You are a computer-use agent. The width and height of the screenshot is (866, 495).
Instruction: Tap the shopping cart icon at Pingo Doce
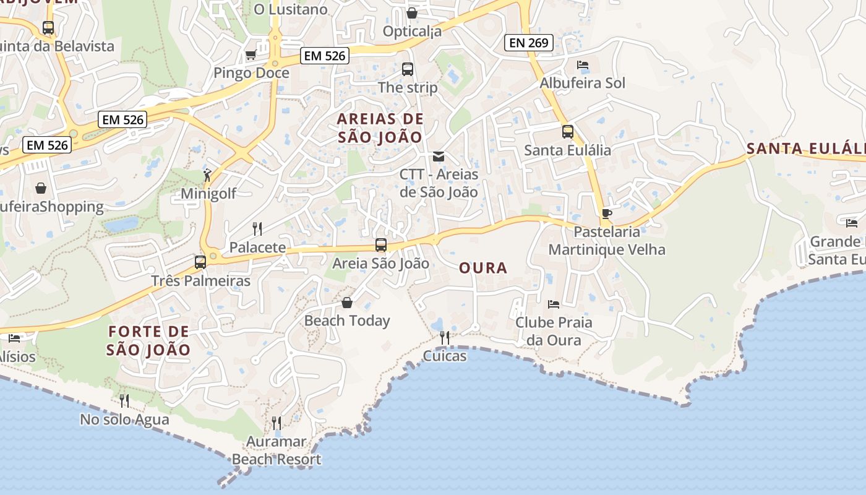(x=251, y=55)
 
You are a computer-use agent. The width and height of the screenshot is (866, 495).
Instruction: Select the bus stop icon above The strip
(x=407, y=69)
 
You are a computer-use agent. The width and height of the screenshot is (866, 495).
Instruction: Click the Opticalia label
(x=412, y=31)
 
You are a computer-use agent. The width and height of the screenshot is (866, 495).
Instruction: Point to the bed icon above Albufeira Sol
(x=582, y=65)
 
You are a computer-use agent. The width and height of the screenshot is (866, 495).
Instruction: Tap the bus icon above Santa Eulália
(x=567, y=132)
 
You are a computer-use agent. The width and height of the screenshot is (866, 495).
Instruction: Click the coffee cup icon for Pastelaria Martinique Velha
(x=606, y=214)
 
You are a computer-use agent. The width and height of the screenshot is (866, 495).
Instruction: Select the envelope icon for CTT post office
(x=439, y=157)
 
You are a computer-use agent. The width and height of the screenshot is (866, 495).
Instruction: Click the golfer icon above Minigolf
(x=207, y=176)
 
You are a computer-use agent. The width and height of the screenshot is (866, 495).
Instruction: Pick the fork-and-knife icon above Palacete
(x=257, y=229)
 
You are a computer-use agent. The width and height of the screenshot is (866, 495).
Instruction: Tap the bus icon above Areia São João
(x=380, y=245)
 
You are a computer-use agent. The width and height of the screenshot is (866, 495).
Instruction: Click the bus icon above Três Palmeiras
(x=200, y=262)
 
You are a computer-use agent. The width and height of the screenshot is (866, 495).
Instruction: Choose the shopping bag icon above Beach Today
(x=346, y=303)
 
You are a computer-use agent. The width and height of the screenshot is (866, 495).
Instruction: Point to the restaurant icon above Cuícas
(x=445, y=337)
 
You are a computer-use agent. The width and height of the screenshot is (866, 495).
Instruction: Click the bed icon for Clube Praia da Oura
(x=554, y=304)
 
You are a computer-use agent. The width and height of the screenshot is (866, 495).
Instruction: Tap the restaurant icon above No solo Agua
(x=124, y=401)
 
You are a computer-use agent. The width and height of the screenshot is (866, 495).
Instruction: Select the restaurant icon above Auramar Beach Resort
(x=277, y=423)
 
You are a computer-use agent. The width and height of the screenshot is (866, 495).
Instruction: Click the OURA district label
(x=483, y=268)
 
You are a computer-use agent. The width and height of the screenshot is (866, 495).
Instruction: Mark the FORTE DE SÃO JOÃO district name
(x=148, y=340)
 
